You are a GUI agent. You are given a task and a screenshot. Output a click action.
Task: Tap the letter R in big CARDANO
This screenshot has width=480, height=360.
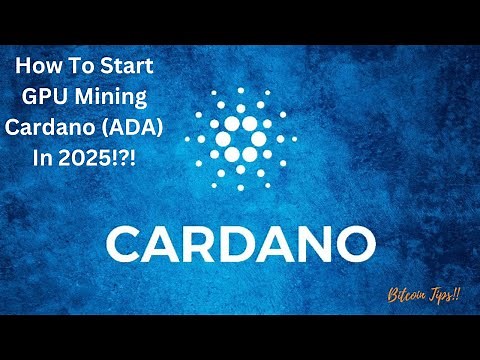pyautogui.click(x=201, y=243)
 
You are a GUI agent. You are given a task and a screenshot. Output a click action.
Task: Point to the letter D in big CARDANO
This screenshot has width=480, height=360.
pyautogui.click(x=240, y=243)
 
